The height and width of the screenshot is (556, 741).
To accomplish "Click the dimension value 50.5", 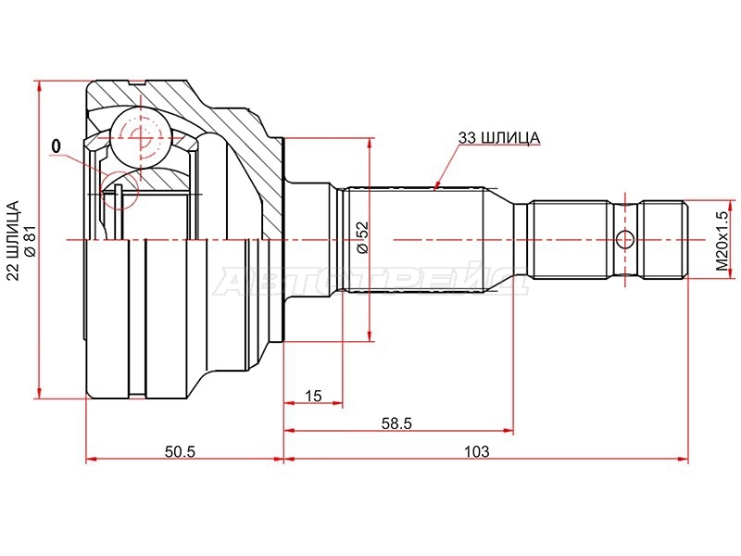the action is tap(180, 451).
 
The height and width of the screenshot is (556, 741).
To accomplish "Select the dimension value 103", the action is tap(476, 451).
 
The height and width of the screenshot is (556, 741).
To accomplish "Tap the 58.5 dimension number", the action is tap(397, 423).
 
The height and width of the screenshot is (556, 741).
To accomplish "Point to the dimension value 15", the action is tap(313, 396).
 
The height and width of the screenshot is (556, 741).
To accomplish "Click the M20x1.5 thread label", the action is tap(722, 240).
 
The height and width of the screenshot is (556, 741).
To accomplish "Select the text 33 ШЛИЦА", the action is tap(498, 138).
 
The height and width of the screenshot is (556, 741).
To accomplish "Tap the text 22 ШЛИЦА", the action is tap(14, 240).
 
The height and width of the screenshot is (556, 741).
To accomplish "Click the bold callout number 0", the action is tap(57, 146).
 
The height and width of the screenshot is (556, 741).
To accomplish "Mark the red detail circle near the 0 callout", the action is tap(120, 190).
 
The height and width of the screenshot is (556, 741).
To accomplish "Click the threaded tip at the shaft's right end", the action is tap(663, 240).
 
